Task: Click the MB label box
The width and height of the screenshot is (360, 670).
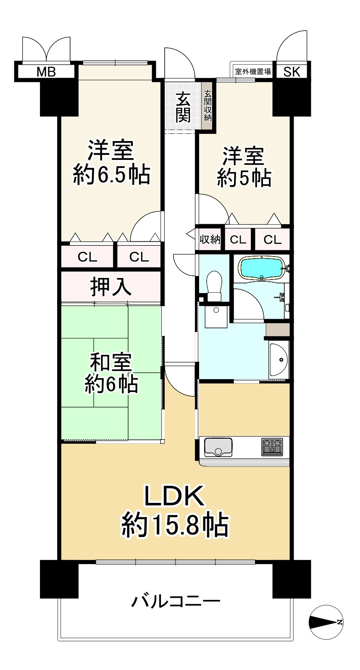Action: click(x=46, y=72)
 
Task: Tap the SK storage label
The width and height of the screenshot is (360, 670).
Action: click(x=292, y=72)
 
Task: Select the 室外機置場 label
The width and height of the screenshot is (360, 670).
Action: click(x=253, y=71)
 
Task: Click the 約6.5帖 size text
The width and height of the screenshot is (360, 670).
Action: click(x=111, y=175)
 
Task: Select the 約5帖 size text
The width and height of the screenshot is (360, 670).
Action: click(x=244, y=178)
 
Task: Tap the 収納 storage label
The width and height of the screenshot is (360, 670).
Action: click(x=210, y=240)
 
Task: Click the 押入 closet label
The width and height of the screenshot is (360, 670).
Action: click(x=111, y=287)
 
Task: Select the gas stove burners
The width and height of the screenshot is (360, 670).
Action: click(x=272, y=446)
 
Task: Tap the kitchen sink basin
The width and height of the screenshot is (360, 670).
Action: click(x=218, y=448)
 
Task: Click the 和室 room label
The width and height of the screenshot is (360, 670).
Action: click(x=111, y=362)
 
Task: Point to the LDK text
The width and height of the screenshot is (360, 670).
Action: click(x=174, y=496)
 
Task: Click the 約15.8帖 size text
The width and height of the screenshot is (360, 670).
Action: click(x=175, y=524)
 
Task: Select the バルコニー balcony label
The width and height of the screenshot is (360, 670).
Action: click(x=176, y=602)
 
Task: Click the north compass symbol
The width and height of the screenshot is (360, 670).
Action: click(x=326, y=622)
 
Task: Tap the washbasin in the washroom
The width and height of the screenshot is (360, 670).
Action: click(x=279, y=359)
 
